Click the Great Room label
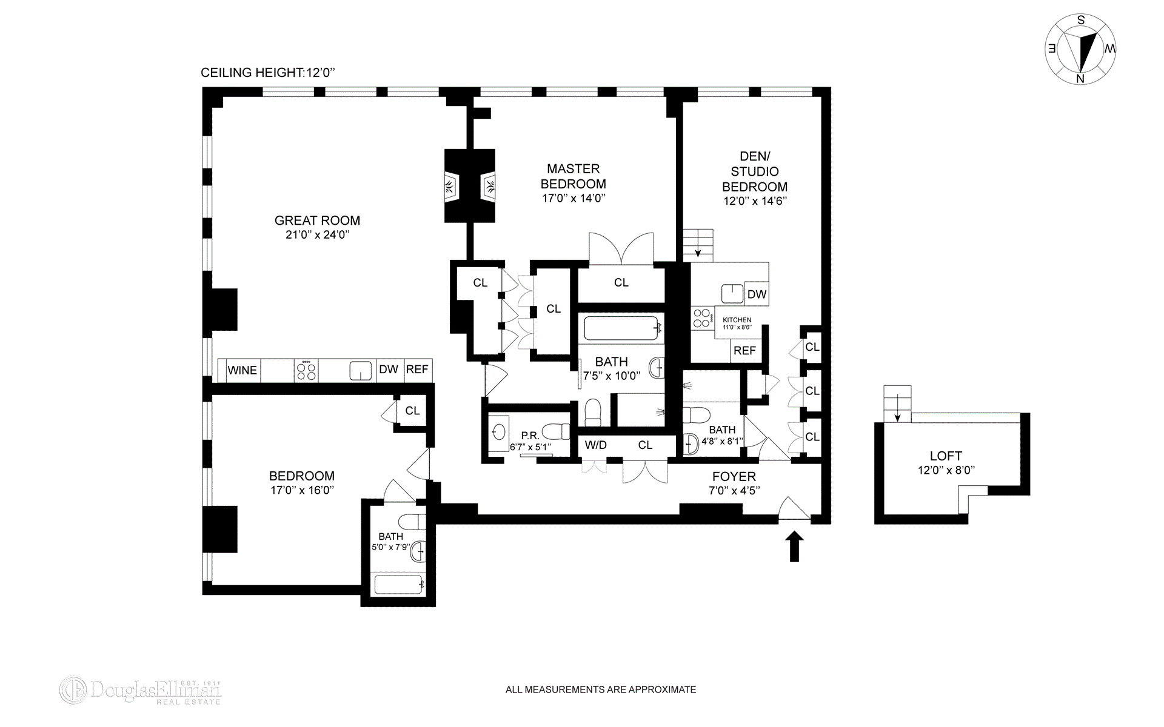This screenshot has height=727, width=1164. [x=317, y=221]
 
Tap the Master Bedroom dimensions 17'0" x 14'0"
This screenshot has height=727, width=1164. [x=574, y=198]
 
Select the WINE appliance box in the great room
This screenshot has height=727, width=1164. [x=242, y=370]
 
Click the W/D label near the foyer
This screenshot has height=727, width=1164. [x=595, y=445]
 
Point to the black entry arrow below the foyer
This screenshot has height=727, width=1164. [x=794, y=546]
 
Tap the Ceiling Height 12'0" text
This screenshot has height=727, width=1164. [x=268, y=73]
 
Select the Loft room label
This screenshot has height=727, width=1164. [x=946, y=456]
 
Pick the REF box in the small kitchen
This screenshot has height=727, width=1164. [x=745, y=351]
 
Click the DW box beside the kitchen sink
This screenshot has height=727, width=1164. [x=757, y=294]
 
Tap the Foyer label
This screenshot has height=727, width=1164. [x=734, y=477]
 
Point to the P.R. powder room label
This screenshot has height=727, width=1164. [x=530, y=436]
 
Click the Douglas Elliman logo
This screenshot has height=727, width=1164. [x=140, y=691]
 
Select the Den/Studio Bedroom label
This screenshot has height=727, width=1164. [x=755, y=171]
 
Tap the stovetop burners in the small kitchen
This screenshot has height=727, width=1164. [x=702, y=318]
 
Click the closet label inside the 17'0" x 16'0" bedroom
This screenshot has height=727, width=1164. [x=412, y=411]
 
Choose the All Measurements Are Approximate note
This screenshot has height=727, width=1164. [x=601, y=689]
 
